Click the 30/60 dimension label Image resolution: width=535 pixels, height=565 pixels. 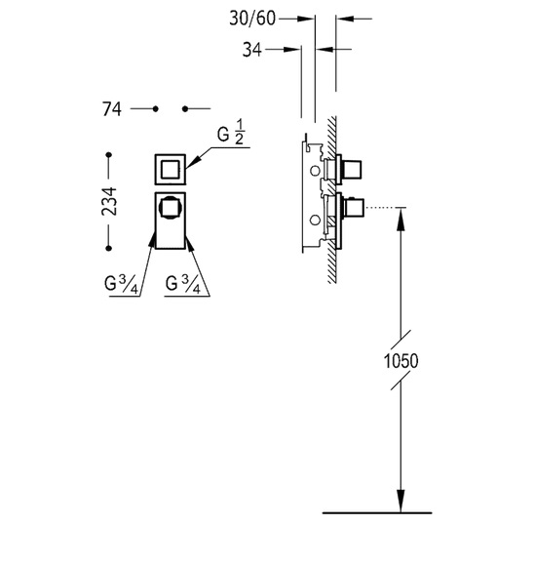pos(252,18)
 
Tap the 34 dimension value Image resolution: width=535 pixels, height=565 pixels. pos(251,50)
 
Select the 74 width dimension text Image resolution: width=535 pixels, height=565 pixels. pos(112,109)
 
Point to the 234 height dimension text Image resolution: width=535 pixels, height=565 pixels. pos(109,201)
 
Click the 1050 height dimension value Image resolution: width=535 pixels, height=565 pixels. pos(401,361)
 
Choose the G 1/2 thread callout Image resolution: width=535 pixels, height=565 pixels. pos(231,133)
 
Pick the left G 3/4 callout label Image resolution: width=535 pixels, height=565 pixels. pos(121,284)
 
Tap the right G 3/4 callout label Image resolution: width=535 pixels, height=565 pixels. pos(183,284)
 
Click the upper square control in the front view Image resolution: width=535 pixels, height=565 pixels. pos(171,170)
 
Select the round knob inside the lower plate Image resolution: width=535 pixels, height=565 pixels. pos(171,208)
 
